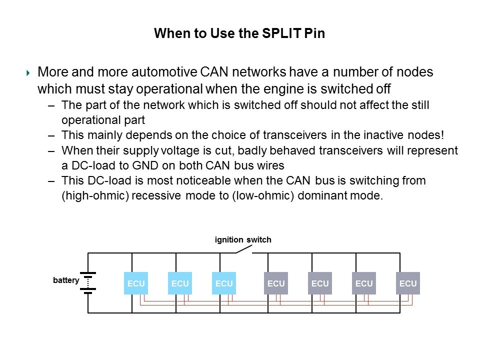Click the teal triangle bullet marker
point(28,73)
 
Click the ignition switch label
point(243,240)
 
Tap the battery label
point(66,280)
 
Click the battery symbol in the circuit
point(88,283)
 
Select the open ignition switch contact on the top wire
point(243,250)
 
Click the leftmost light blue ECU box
point(136,283)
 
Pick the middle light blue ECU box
point(180,283)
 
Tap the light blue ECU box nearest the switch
point(224,283)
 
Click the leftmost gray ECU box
point(276,283)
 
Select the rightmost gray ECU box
point(408,283)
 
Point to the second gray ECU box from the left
point(320,283)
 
